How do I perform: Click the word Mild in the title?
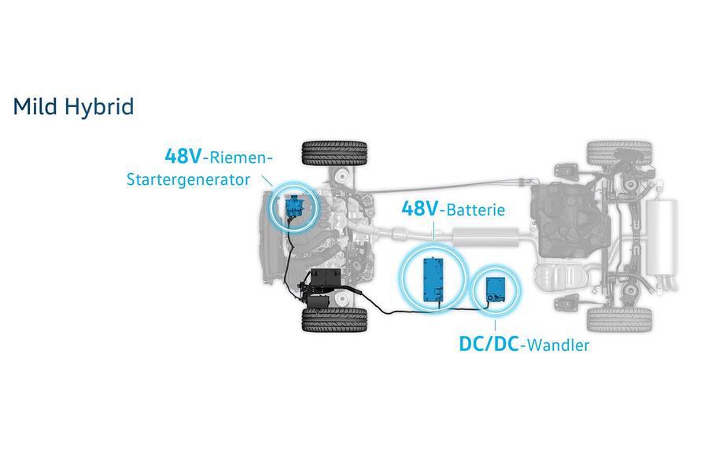click(35, 106)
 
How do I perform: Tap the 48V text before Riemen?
click(183, 157)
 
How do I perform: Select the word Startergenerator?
click(188, 179)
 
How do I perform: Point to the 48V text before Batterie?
click(420, 209)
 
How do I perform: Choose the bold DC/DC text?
click(489, 345)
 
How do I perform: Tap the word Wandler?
click(558, 345)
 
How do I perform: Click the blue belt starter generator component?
click(293, 206)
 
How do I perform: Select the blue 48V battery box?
click(433, 279)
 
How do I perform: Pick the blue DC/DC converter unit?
click(496, 289)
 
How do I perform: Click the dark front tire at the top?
click(334, 153)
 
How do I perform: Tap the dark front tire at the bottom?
click(334, 320)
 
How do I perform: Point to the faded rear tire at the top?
click(619, 153)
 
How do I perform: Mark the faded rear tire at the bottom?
click(619, 320)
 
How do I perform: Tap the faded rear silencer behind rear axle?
click(661, 237)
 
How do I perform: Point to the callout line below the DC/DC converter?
click(496, 327)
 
